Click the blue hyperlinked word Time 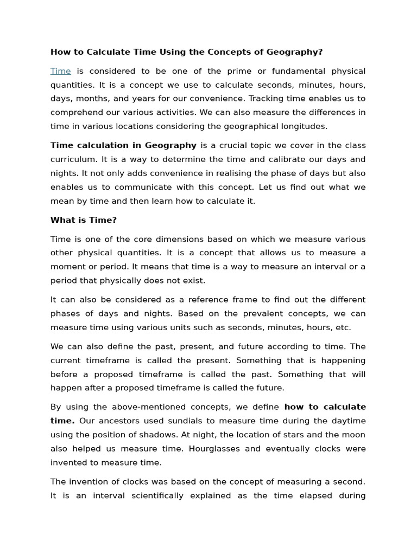click(60, 71)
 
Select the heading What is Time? click(83, 220)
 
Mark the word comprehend click(76, 113)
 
